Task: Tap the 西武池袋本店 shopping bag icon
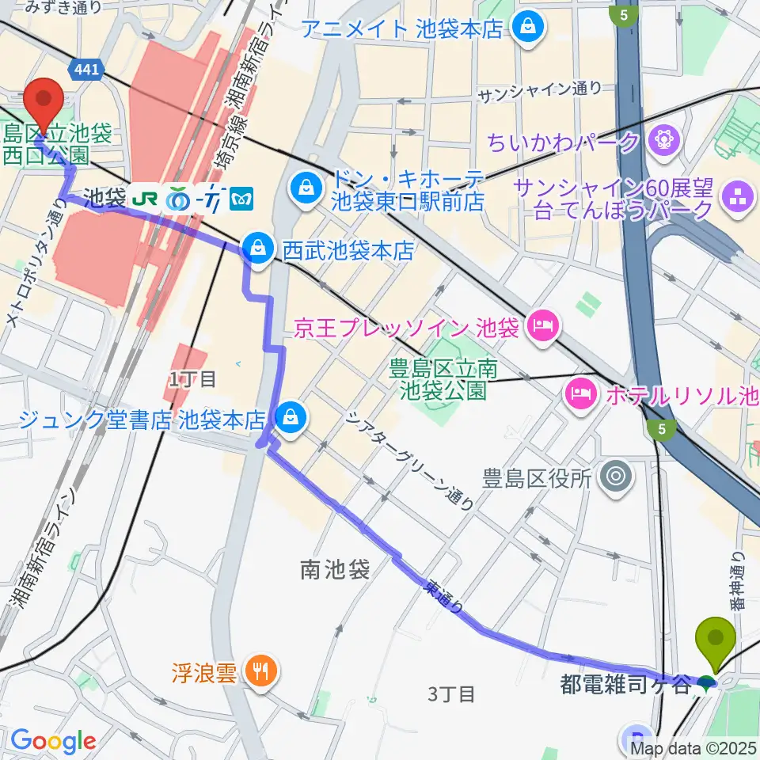tap(257, 248)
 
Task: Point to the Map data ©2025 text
tap(693, 747)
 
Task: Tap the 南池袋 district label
tap(336, 569)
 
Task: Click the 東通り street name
tap(442, 599)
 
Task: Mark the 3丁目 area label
tap(451, 694)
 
